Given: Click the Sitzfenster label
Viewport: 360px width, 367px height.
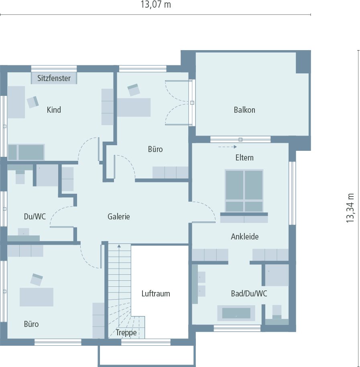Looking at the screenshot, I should click(54, 78).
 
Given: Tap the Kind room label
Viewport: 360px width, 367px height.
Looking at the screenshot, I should click(54, 109).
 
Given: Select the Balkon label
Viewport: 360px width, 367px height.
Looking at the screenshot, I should click(244, 109).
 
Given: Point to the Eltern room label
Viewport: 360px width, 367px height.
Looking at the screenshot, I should click(244, 157).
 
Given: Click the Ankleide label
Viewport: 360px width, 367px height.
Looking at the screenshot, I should click(244, 237).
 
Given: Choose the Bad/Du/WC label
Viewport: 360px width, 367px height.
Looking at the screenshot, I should click(249, 294).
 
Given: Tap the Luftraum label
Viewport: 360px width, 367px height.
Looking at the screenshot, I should click(156, 294).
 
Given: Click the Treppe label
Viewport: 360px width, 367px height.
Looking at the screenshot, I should click(126, 333).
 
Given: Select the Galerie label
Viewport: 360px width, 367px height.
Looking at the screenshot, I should click(119, 217).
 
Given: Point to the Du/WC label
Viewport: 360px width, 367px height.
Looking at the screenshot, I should click(35, 217).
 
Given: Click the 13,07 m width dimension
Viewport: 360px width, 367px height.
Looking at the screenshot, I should click(156, 5).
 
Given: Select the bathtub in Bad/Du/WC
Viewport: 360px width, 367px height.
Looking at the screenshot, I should click(236, 313).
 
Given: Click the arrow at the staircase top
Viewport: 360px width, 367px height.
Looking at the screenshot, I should click(119, 245).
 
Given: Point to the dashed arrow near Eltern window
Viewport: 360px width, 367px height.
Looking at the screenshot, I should click(227, 147).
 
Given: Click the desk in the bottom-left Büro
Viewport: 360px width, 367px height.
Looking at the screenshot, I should click(37, 297).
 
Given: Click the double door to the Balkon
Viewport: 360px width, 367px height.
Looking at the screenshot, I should click(179, 103).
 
